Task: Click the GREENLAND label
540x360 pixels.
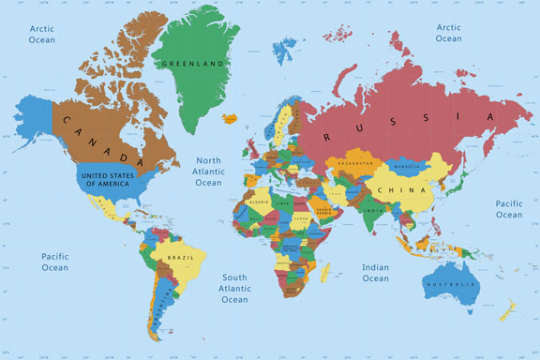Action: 195,65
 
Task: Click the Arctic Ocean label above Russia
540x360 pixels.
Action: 448,34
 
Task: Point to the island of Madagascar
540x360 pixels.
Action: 325,273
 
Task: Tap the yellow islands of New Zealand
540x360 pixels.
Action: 510,309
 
